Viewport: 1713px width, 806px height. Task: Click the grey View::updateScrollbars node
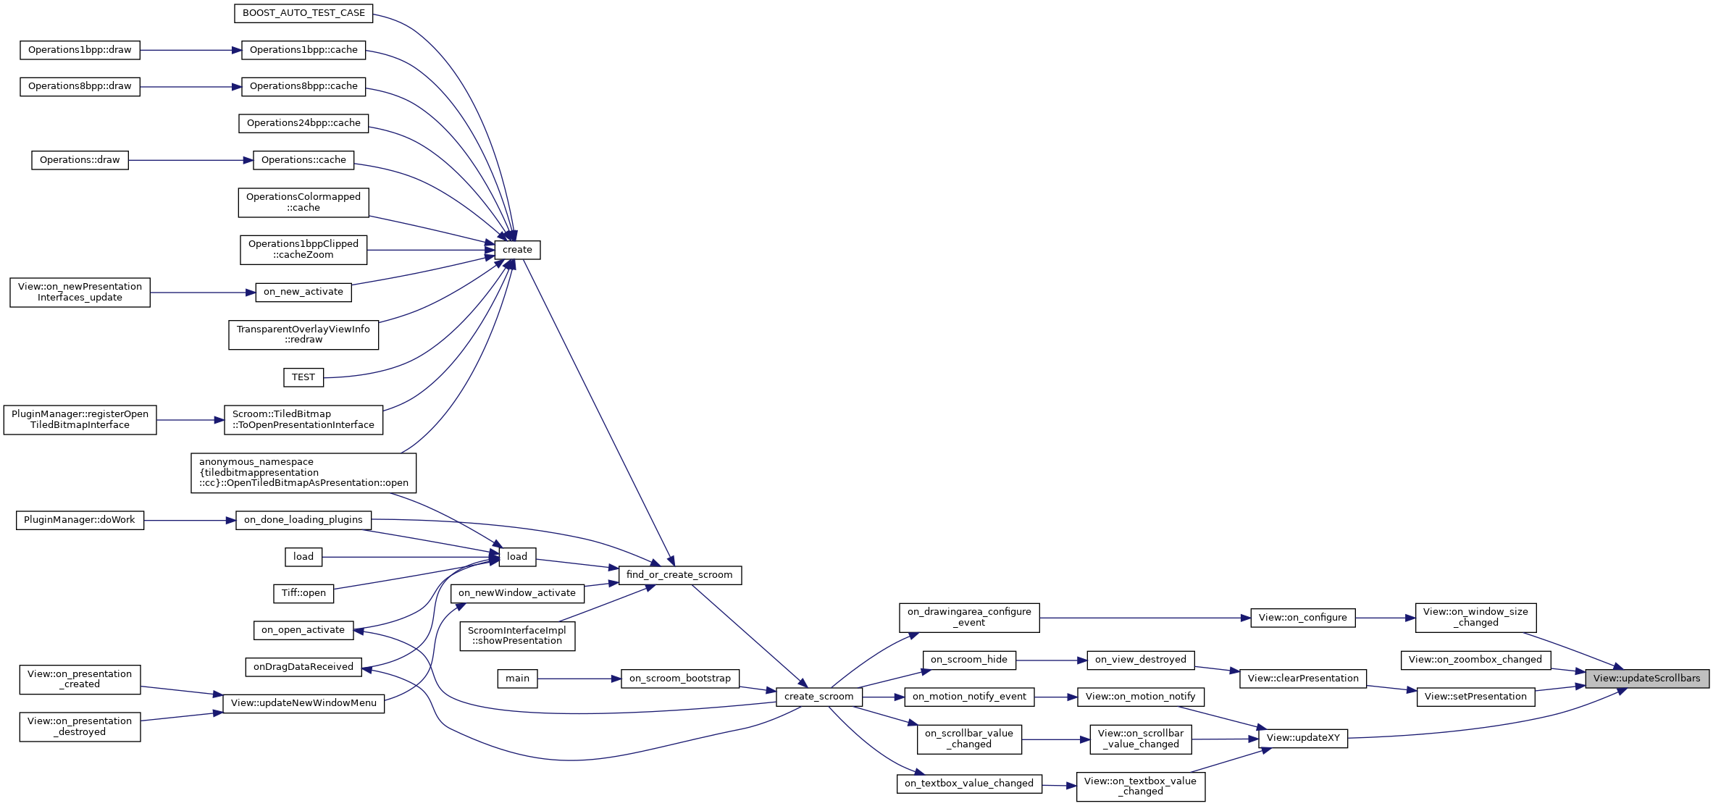1646,679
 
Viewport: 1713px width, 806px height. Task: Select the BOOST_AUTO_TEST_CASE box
303,13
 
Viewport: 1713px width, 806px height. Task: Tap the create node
517,250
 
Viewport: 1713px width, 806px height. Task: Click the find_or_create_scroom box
679,575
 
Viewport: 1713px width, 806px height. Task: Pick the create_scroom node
818,697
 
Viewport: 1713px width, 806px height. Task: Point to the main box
517,679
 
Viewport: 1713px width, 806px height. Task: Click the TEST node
303,377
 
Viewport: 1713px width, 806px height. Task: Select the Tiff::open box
303,593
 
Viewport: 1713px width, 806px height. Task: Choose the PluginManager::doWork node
80,520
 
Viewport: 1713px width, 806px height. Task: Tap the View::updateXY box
1303,738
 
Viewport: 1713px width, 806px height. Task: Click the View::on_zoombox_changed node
1475,660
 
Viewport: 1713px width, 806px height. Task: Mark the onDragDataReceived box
303,667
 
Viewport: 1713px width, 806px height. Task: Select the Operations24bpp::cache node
303,123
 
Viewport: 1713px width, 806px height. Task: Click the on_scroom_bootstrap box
679,679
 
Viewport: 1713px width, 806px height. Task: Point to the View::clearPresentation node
1303,679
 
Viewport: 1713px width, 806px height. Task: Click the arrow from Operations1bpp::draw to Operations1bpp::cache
190,51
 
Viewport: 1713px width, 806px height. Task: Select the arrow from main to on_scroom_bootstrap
579,679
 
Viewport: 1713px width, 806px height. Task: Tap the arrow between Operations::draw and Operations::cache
190,160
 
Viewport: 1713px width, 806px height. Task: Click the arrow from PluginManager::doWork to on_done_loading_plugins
190,521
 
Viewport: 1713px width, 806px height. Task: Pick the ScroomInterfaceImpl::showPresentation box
517,636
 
